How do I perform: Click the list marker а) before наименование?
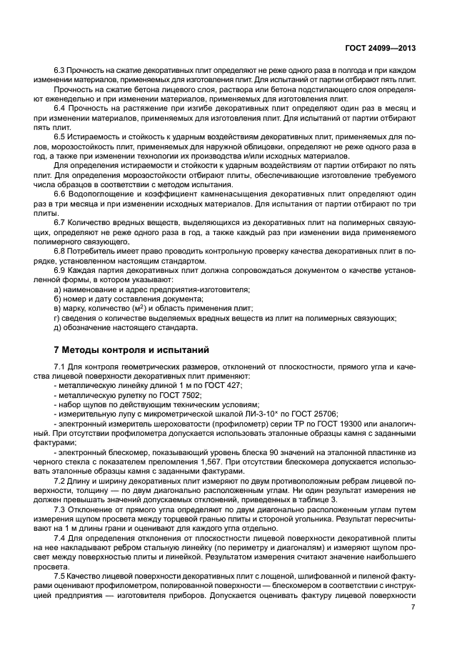tap(58, 289)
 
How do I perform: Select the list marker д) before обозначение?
tap(58, 327)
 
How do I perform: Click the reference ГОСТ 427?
tap(224, 385)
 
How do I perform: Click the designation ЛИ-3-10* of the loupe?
tap(258, 414)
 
